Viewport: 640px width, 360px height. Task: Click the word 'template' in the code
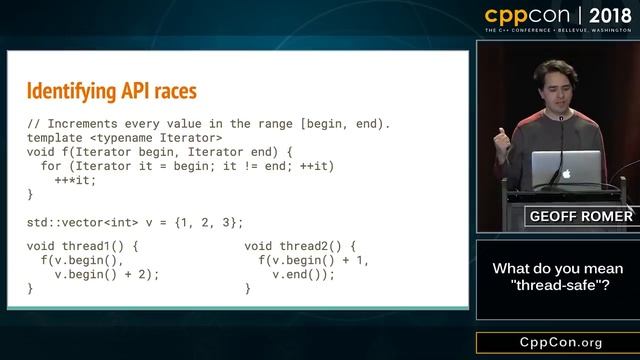pos(57,137)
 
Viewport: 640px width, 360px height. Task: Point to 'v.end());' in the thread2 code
pos(302,274)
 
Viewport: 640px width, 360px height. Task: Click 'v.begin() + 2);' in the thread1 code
pos(106,274)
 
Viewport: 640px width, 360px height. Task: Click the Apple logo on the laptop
pos(565,172)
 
